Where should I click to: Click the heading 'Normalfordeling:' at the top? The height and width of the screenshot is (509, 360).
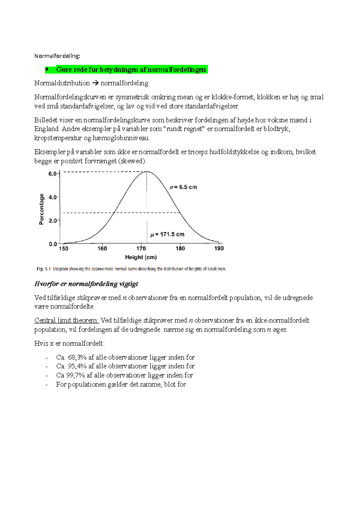57,56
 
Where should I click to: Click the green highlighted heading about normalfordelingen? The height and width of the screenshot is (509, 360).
131,70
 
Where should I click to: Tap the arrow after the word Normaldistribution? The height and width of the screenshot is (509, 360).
95,83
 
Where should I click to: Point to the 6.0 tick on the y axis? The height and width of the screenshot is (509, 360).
52,174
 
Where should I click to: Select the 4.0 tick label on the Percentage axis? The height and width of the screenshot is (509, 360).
52,197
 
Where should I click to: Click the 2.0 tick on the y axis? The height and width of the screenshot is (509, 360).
52,221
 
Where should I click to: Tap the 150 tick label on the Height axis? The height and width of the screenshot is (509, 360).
63,249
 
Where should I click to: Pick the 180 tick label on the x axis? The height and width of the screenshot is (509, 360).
180,249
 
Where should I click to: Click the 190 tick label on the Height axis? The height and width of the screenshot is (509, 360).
219,249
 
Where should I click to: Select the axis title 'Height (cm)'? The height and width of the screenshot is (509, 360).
141,257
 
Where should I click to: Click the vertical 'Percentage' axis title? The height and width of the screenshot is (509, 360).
42,209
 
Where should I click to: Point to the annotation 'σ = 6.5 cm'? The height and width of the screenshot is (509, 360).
183,187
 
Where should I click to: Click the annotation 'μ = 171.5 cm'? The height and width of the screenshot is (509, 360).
167,234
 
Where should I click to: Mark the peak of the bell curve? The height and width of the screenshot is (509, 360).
147,171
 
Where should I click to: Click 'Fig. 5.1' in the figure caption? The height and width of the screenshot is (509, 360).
43,269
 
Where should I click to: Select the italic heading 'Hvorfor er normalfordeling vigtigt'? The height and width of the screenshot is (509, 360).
86,284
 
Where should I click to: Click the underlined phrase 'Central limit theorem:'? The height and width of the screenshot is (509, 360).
67,320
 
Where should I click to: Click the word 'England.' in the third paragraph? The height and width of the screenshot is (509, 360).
47,129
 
